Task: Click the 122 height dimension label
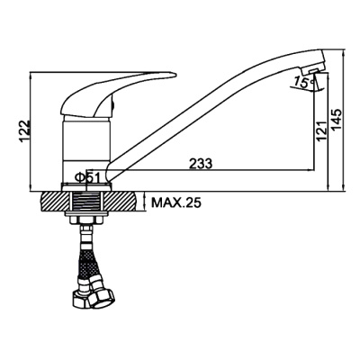[24, 131]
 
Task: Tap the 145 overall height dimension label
[337, 120]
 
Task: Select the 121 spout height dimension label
[320, 131]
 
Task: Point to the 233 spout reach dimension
[201, 164]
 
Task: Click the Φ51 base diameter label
[87, 177]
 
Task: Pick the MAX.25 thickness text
[175, 203]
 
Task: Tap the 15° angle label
[302, 82]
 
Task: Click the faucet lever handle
[116, 93]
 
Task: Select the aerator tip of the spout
[313, 70]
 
